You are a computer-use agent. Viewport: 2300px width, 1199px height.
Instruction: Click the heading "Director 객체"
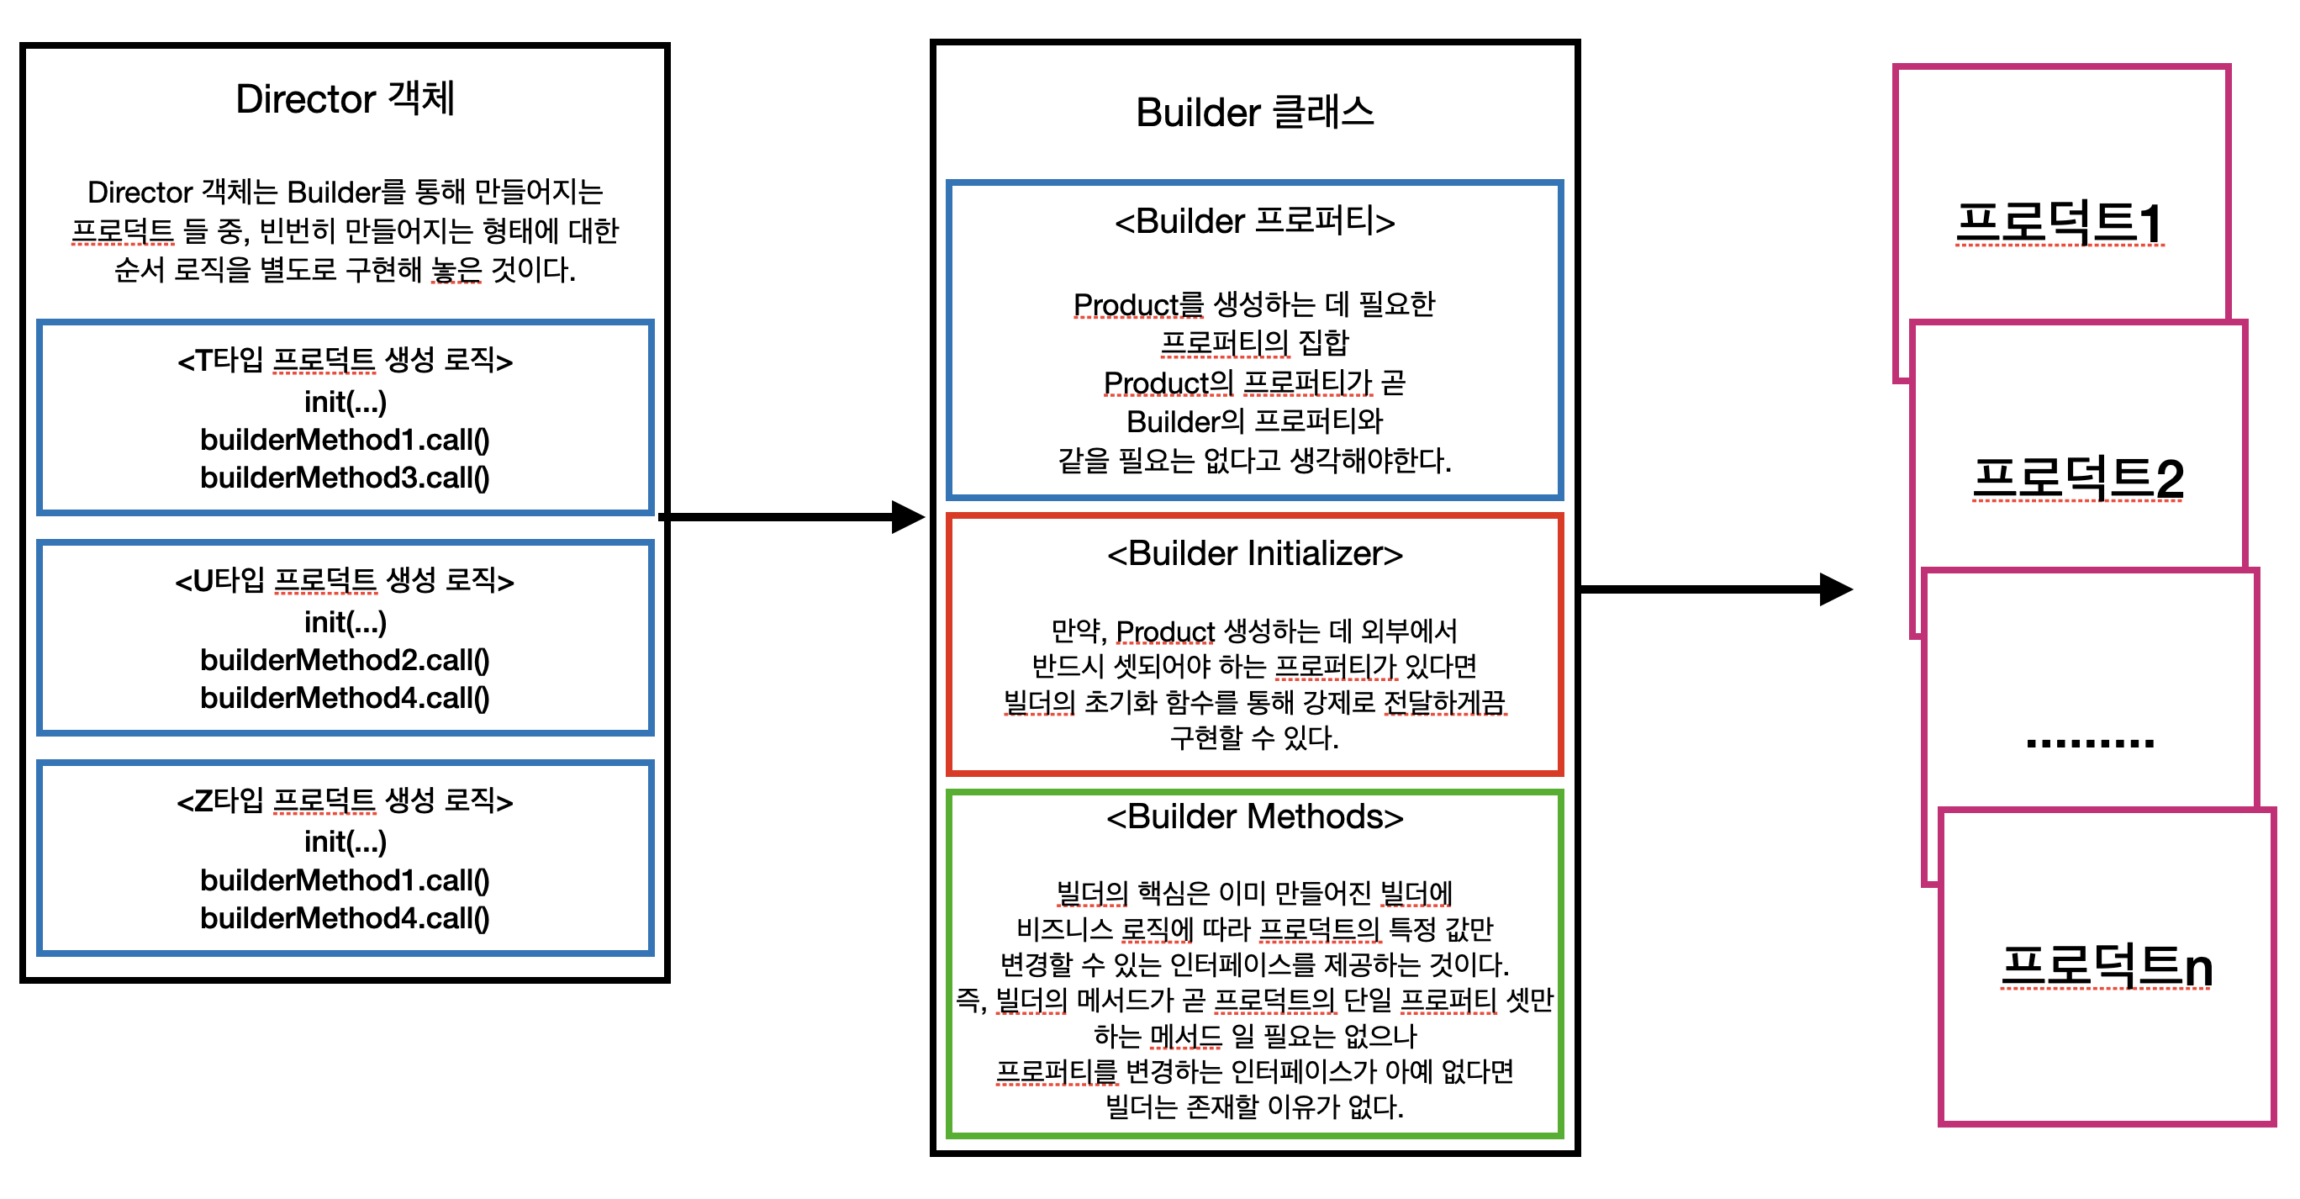(345, 98)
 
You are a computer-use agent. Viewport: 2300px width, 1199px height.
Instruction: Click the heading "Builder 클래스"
(1254, 113)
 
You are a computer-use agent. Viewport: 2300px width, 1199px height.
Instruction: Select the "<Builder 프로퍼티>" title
(1254, 220)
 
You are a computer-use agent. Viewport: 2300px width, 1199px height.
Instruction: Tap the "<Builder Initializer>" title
(1254, 553)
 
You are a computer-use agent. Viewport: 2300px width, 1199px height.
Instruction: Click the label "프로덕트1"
(2060, 222)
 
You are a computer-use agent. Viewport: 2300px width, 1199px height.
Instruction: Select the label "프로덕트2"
(2079, 478)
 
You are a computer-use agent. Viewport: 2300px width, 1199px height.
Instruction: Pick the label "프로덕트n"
(2107, 965)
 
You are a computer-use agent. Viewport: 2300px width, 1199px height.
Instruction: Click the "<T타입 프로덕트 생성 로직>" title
(345, 360)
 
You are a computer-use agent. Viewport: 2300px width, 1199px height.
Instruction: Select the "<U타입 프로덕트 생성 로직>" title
(345, 580)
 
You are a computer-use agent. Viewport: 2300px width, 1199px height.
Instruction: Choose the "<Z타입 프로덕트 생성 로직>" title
(345, 800)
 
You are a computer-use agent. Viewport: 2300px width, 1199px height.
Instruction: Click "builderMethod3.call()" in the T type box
(345, 478)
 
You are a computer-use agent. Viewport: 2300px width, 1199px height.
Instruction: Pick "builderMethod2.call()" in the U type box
(345, 660)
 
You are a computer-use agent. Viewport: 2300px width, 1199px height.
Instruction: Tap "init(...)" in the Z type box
(345, 841)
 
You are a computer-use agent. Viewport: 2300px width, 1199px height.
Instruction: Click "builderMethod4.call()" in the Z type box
(345, 918)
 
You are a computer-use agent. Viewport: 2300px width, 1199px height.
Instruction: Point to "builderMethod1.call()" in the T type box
(345, 439)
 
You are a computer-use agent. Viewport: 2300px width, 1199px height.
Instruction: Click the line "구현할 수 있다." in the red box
(1254, 737)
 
